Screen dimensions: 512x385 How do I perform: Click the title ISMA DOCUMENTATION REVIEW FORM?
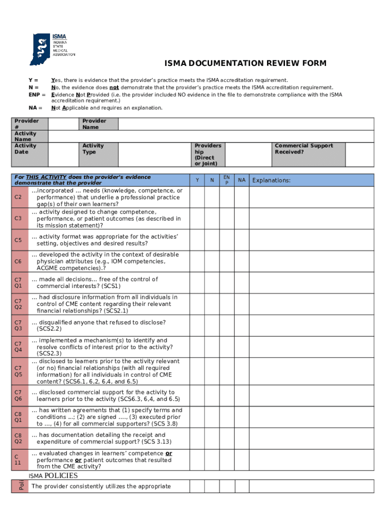245,63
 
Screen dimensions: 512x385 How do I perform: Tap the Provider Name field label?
94,124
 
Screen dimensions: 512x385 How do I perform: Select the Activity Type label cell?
93,149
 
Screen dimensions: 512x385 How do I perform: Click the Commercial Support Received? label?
303,149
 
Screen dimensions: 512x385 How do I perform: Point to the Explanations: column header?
271,180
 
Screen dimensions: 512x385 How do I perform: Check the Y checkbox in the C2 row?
197,197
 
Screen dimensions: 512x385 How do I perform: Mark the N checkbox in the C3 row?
212,218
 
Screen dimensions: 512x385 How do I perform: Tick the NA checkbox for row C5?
241,240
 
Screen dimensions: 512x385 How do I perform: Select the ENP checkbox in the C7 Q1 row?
226,282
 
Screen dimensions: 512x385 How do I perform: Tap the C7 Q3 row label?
18,325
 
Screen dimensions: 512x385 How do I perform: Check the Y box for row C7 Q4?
197,346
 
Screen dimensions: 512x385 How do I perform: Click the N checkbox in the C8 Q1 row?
212,417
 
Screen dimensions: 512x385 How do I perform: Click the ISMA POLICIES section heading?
53,475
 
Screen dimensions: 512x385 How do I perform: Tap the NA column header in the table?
241,180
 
